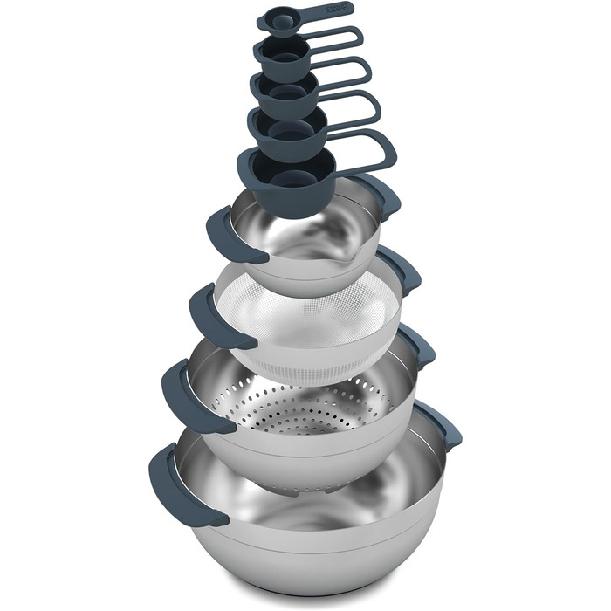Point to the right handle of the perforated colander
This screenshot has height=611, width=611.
[x=419, y=345]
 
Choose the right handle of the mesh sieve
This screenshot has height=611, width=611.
[x=401, y=270]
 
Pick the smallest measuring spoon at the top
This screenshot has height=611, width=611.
[x=278, y=22]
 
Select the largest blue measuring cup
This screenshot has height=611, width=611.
[x=284, y=179]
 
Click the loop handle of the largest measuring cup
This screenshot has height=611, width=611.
[x=367, y=151]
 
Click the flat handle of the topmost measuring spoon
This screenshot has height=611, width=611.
[x=327, y=10]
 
